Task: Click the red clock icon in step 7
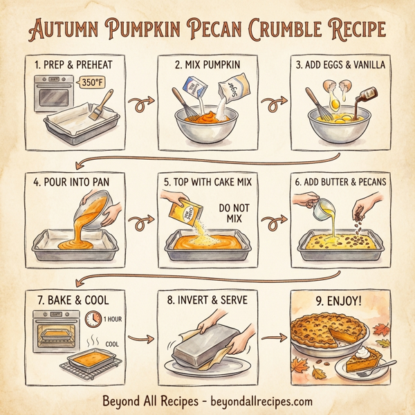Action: click(x=93, y=320)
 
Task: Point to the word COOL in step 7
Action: click(x=113, y=343)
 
